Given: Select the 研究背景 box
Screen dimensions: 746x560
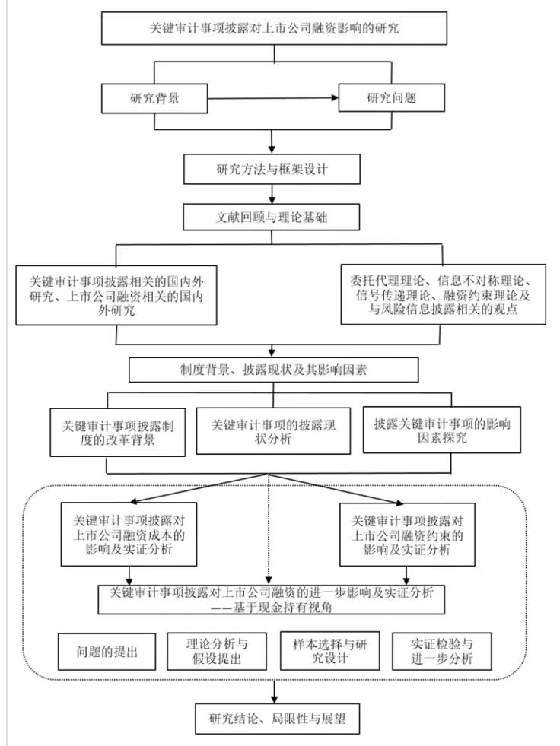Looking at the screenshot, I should tap(155, 98).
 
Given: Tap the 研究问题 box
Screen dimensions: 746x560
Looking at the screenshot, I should tap(390, 98).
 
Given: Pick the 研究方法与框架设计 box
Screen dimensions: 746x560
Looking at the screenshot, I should tap(272, 170).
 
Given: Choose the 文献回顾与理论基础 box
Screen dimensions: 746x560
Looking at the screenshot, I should tap(272, 216).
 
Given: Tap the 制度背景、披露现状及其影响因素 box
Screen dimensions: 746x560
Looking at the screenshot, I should tap(273, 370).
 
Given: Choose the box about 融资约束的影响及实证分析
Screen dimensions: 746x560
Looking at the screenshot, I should tap(409, 536).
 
